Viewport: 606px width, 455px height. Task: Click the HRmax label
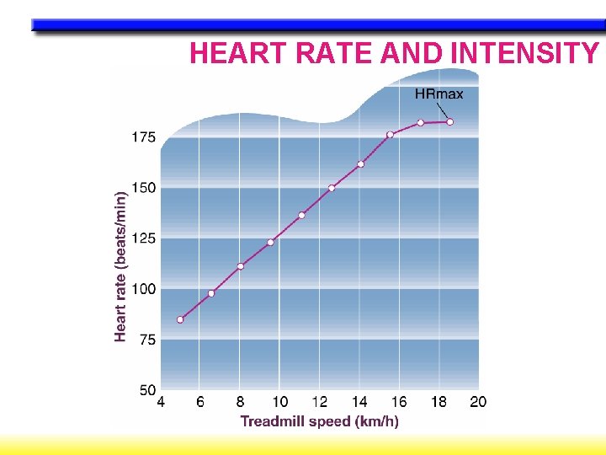[x=439, y=94]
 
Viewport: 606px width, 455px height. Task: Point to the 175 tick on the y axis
[x=142, y=137]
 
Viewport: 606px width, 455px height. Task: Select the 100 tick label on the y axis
[x=142, y=289]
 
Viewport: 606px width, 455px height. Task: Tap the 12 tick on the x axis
[x=319, y=403]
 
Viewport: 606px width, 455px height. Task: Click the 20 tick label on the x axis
[x=478, y=403]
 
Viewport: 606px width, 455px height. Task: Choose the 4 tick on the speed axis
[x=161, y=403]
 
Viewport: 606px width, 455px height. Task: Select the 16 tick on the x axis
[x=399, y=403]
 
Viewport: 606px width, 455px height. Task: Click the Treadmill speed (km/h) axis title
[x=319, y=420]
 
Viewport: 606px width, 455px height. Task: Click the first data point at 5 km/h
[x=180, y=320]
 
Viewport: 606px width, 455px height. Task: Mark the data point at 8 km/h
[x=241, y=266]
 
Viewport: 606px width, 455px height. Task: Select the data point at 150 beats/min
[x=332, y=188]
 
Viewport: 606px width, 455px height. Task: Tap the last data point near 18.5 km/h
[x=450, y=122]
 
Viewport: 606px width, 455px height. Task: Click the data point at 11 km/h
[x=301, y=215]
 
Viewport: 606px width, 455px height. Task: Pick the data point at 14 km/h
[x=360, y=164]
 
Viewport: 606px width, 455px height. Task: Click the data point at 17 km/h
[x=421, y=123]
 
